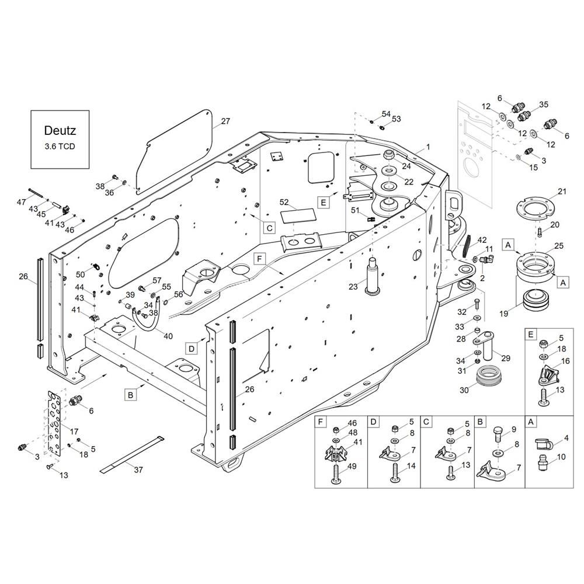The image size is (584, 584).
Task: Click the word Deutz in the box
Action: (60, 130)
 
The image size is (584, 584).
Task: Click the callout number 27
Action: (225, 121)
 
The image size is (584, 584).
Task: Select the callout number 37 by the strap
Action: (138, 470)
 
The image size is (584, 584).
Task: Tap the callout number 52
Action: (284, 203)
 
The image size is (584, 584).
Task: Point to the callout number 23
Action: (353, 286)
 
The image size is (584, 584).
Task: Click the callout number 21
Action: (562, 192)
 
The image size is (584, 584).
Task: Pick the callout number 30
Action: (464, 390)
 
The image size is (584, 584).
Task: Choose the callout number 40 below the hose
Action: (168, 336)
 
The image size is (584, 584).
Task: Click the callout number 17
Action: (74, 432)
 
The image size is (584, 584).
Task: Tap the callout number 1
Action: (428, 147)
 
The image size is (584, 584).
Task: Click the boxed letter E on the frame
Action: (324, 202)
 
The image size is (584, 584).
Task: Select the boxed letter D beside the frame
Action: (192, 349)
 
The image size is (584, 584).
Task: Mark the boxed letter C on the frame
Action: (270, 228)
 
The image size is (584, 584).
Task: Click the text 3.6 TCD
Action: (60, 147)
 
